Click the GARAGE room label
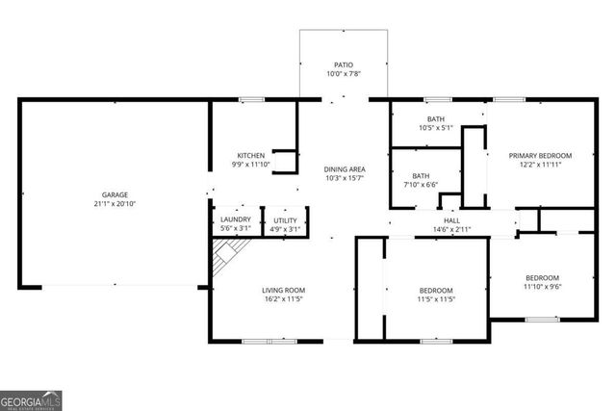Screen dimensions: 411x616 click(115, 194)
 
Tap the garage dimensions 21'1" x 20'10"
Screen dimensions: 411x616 click(115, 204)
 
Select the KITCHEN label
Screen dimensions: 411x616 click(251, 155)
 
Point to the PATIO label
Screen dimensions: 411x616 click(345, 64)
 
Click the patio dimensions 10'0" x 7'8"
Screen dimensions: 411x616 click(345, 74)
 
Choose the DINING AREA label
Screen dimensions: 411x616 click(345, 168)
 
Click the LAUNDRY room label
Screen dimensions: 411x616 click(236, 219)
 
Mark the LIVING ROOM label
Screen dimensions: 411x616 click(283, 290)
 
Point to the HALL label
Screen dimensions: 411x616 click(450, 219)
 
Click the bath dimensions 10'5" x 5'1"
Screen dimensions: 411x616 click(436, 127)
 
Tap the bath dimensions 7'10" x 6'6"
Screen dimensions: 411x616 click(421, 185)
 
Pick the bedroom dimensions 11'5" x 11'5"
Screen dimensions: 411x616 click(436, 299)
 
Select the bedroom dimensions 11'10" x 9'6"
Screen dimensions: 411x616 click(542, 286)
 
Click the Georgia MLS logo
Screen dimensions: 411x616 click(31, 398)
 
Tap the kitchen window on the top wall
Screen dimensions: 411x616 click(252, 99)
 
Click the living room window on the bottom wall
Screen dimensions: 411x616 click(269, 341)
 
